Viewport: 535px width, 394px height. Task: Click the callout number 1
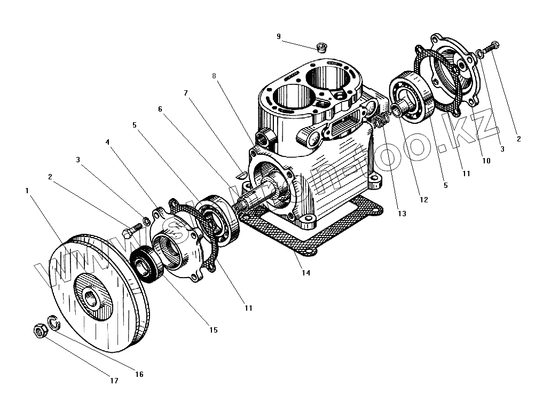coord(26,190)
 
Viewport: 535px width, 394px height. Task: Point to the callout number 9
coord(278,36)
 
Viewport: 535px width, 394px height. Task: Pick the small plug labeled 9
coord(322,47)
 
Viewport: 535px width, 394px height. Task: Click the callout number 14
coord(305,273)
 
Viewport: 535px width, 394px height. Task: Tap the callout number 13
coord(402,214)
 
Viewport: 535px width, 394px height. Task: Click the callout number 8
coord(214,76)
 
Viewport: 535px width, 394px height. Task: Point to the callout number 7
coord(186,92)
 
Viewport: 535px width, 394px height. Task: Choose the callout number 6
coord(160,109)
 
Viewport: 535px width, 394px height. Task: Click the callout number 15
coord(213,330)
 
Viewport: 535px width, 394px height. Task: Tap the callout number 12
coord(423,200)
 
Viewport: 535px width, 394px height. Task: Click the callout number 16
coord(139,374)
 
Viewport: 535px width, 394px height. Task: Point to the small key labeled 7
coord(240,173)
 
